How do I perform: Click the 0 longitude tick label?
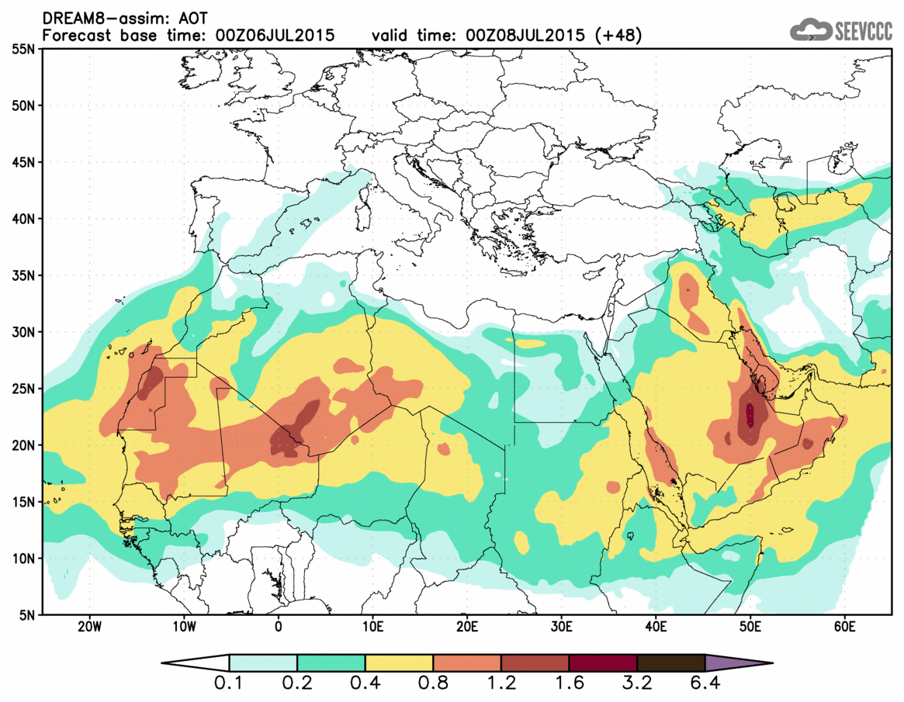(x=279, y=627)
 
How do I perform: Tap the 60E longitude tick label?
(x=844, y=627)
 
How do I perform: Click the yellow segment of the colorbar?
(x=399, y=663)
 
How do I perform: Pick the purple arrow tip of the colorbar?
(x=737, y=663)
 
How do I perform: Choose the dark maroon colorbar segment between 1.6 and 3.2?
(x=603, y=663)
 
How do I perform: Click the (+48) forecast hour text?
(x=616, y=34)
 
